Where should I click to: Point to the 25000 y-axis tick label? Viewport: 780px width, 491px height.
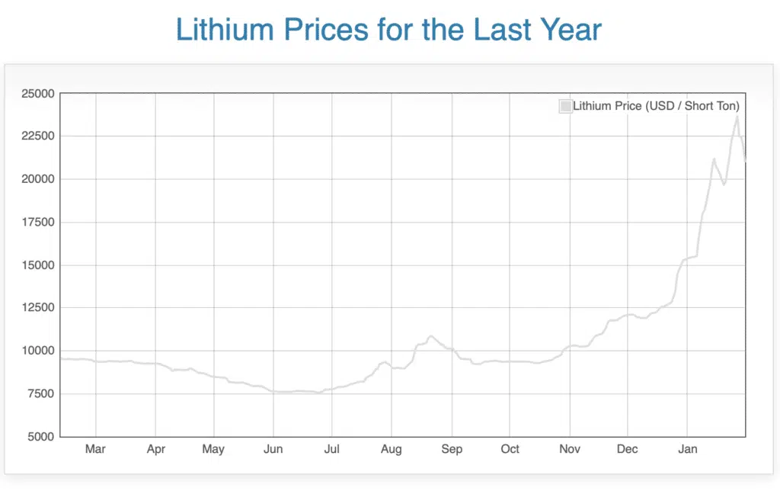click(37, 94)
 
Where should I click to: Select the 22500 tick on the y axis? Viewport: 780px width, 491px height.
click(37, 136)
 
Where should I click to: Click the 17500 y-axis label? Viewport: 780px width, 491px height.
click(37, 223)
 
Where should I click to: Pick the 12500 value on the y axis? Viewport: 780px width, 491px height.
click(37, 308)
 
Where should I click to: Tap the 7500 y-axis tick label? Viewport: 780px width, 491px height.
click(40, 394)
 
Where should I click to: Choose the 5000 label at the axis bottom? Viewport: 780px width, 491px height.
click(40, 437)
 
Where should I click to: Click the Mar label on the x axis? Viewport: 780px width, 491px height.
click(95, 449)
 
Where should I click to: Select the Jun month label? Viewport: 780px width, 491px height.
click(273, 449)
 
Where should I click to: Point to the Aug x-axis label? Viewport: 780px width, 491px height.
click(392, 449)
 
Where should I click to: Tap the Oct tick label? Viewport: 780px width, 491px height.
click(510, 449)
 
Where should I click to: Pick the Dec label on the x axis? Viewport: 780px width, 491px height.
click(628, 449)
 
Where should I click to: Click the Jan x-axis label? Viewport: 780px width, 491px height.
click(688, 449)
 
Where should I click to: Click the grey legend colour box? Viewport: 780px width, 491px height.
click(565, 106)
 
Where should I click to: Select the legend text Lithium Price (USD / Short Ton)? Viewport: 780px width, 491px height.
click(656, 106)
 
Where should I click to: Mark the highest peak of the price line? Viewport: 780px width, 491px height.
click(737, 117)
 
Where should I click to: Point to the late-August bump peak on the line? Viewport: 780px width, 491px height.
click(431, 335)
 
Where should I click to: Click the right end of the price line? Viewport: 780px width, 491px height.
click(745, 161)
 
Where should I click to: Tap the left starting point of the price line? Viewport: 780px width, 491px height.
click(61, 358)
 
